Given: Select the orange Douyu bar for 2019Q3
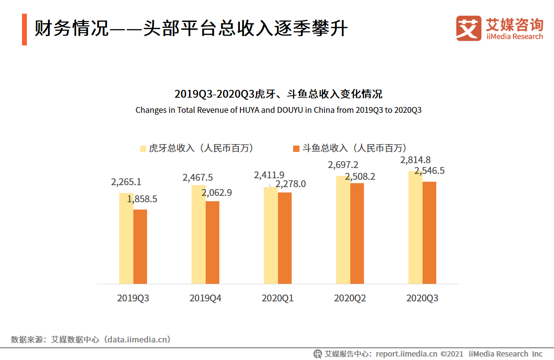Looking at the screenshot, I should tap(140, 247).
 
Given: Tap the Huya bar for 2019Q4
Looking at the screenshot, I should tap(198, 234).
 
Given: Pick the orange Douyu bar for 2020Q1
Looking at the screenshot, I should tap(285, 238).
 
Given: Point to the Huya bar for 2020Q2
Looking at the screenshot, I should tap(343, 230).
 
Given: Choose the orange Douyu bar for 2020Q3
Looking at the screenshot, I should tap(429, 233).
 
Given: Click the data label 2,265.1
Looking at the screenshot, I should tap(126, 182).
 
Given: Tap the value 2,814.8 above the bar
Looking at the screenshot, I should tap(415, 160).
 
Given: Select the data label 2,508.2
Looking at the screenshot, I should tap(360, 177).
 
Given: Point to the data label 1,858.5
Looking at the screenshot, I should tap(142, 199).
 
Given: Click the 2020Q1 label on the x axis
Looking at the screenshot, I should tap(277, 298).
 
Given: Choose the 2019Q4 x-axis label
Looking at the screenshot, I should tap(205, 298).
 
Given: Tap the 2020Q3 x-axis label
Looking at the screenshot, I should tap(422, 298).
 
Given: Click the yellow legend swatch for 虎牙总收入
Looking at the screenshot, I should tap(143, 148).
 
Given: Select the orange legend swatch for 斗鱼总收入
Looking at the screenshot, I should tap(296, 148).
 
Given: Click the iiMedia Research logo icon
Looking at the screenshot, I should tap(469, 28).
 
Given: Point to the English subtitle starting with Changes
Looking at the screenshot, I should tap(278, 110).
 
